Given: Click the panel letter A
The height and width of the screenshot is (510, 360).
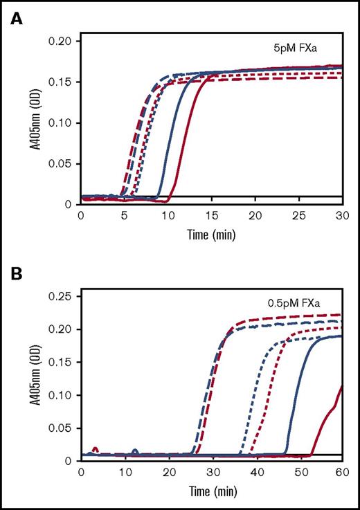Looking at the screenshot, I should click(x=15, y=20).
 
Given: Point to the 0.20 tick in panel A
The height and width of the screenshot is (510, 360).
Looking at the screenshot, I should click(x=62, y=42).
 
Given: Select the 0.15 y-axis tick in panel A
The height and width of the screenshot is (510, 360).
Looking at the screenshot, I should click(x=62, y=82).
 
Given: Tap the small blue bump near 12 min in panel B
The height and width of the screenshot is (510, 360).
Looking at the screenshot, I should click(x=135, y=451).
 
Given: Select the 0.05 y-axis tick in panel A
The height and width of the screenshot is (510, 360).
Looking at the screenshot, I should click(x=62, y=163).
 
